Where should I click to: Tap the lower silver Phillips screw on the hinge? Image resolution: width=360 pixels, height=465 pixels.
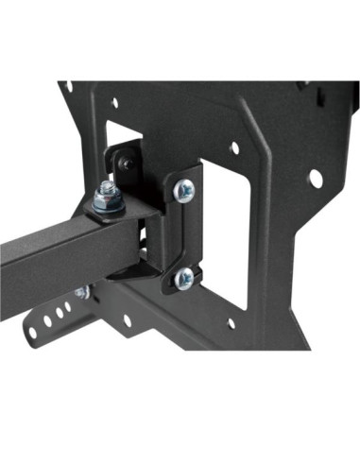(185, 277)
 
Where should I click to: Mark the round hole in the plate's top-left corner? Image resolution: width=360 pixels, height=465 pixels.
(69, 88)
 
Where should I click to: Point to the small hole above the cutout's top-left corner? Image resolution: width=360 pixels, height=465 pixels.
(114, 104)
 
